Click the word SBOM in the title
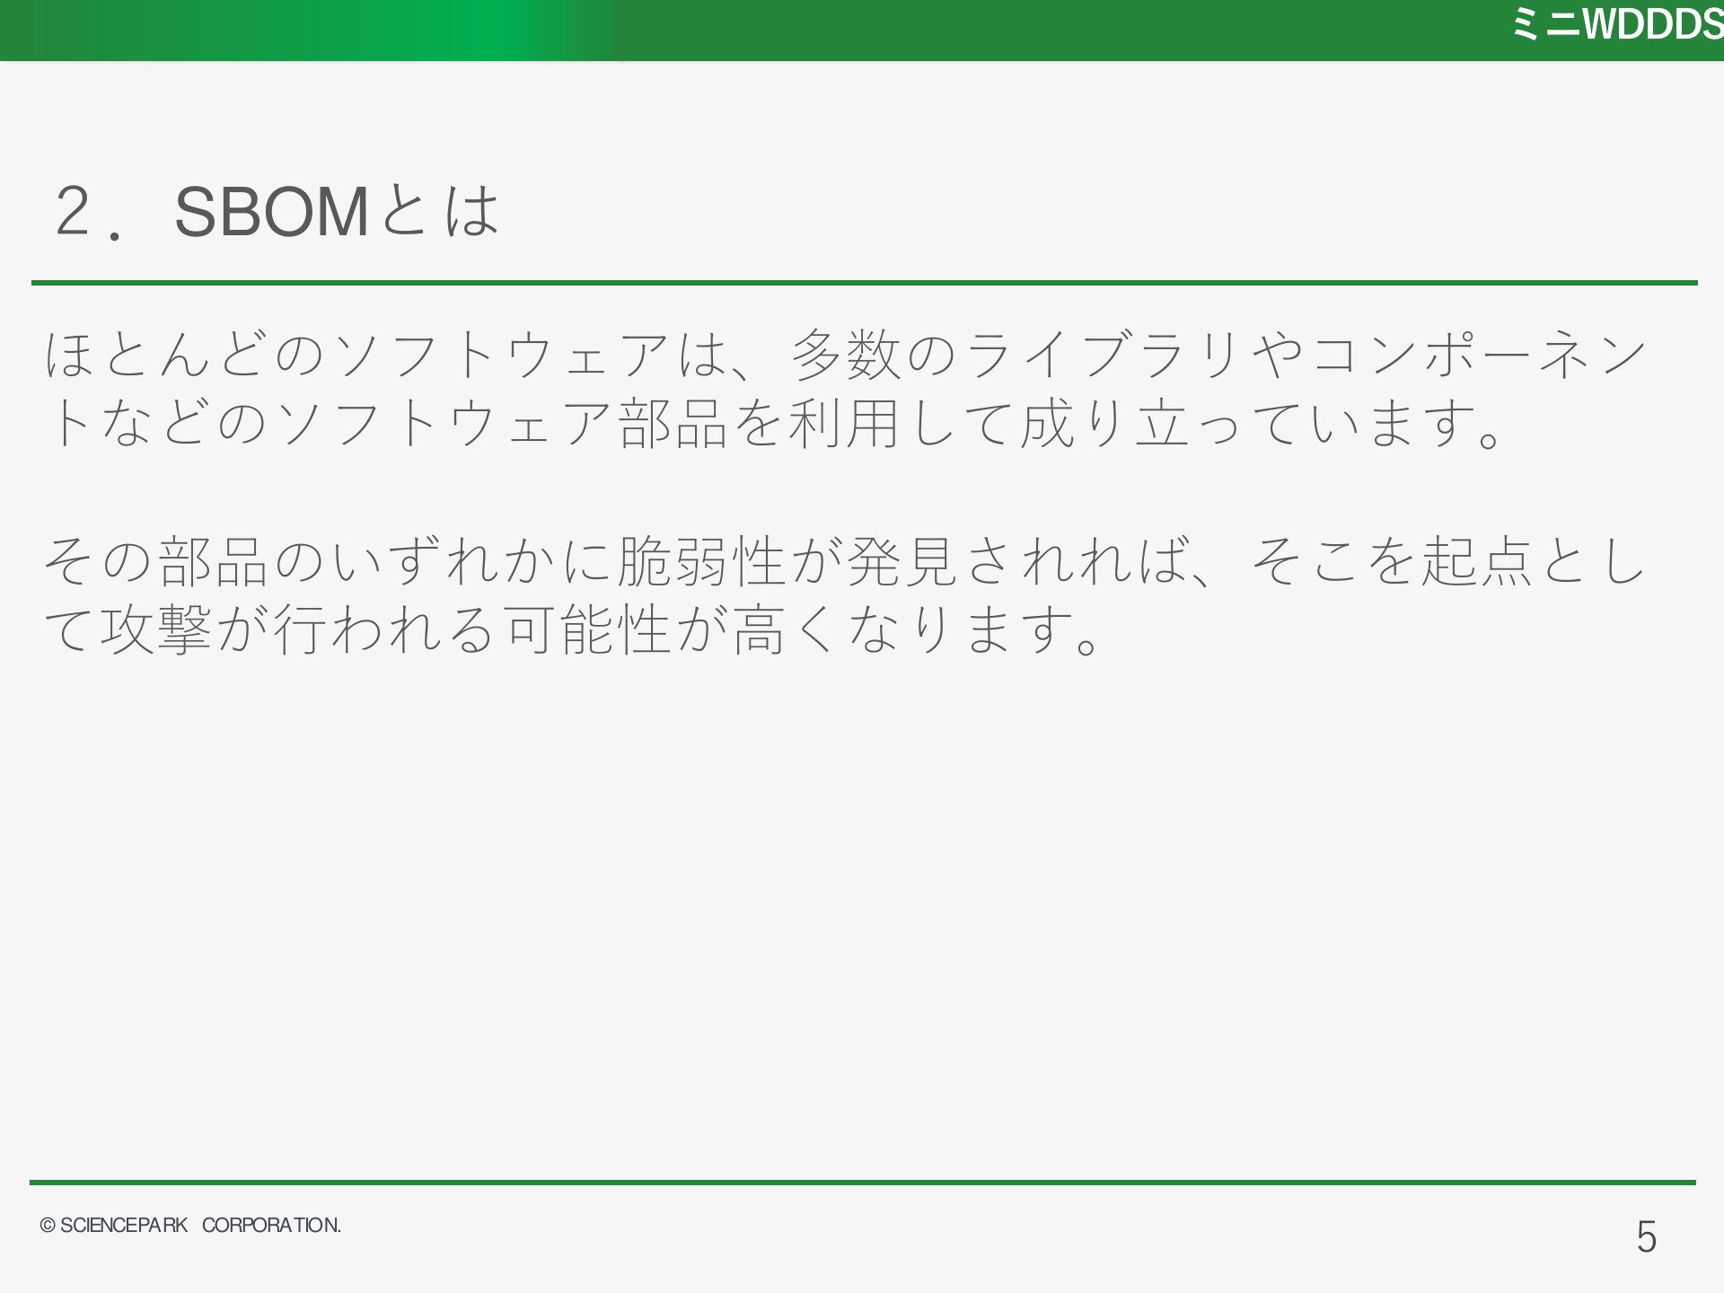[271, 213]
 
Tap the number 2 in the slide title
[73, 213]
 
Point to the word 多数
[846, 355]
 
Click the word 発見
[902, 560]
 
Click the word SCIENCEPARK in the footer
[124, 1226]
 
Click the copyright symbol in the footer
[48, 1227]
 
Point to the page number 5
[1646, 1237]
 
